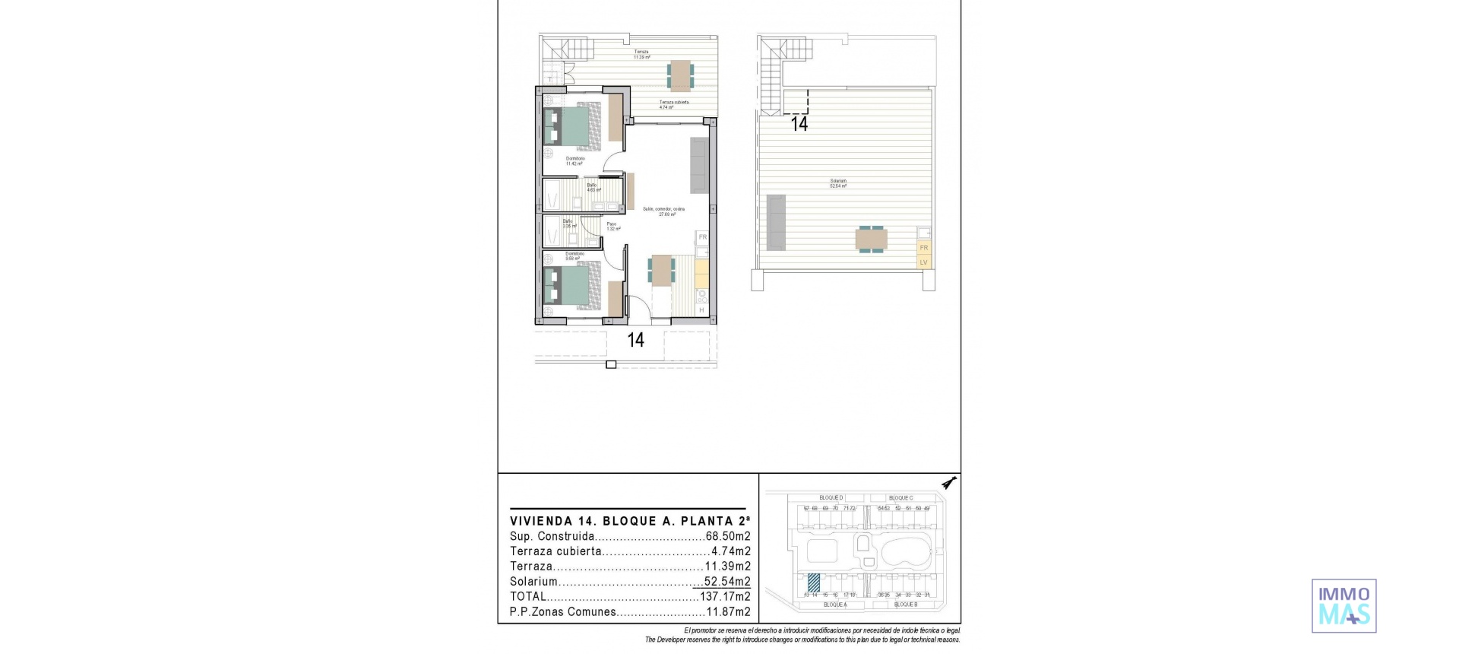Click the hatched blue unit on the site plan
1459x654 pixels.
814,583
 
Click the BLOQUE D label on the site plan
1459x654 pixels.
831,498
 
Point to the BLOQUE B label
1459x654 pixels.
905,605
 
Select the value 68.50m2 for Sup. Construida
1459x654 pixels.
728,537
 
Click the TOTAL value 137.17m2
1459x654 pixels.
725,597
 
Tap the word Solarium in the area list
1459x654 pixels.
533,582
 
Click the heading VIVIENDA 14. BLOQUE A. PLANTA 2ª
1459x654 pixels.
630,522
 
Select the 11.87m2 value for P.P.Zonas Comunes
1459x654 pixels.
728,612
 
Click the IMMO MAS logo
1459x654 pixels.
1343,606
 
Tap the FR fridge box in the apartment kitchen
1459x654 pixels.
702,237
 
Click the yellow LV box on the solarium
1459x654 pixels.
923,262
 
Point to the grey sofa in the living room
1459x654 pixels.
699,166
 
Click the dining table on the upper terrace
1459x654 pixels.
680,75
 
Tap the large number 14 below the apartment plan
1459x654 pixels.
635,340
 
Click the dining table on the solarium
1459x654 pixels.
871,239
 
